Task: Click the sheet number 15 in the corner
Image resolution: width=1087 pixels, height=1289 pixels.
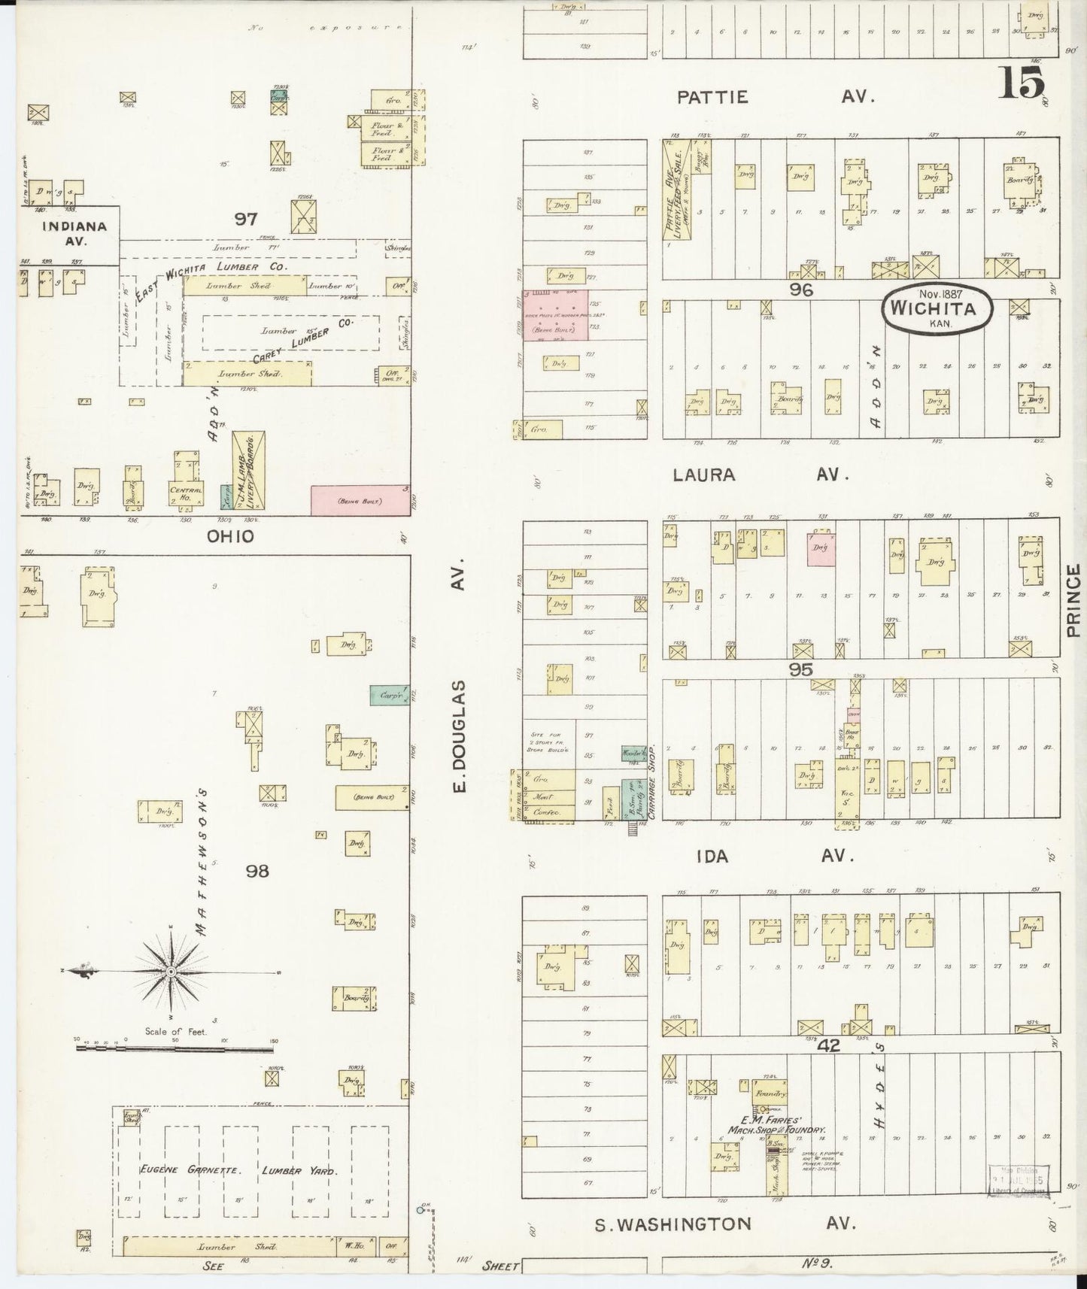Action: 1022,82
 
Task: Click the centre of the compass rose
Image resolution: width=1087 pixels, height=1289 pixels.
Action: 171,972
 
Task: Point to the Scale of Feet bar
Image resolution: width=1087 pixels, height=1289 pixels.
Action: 175,1048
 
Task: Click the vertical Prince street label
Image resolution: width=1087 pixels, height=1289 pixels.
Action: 1072,602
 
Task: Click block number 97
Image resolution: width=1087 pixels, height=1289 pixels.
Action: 245,219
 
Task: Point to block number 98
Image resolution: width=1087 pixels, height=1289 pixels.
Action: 257,871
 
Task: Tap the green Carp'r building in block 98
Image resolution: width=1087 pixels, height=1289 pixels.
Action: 388,696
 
